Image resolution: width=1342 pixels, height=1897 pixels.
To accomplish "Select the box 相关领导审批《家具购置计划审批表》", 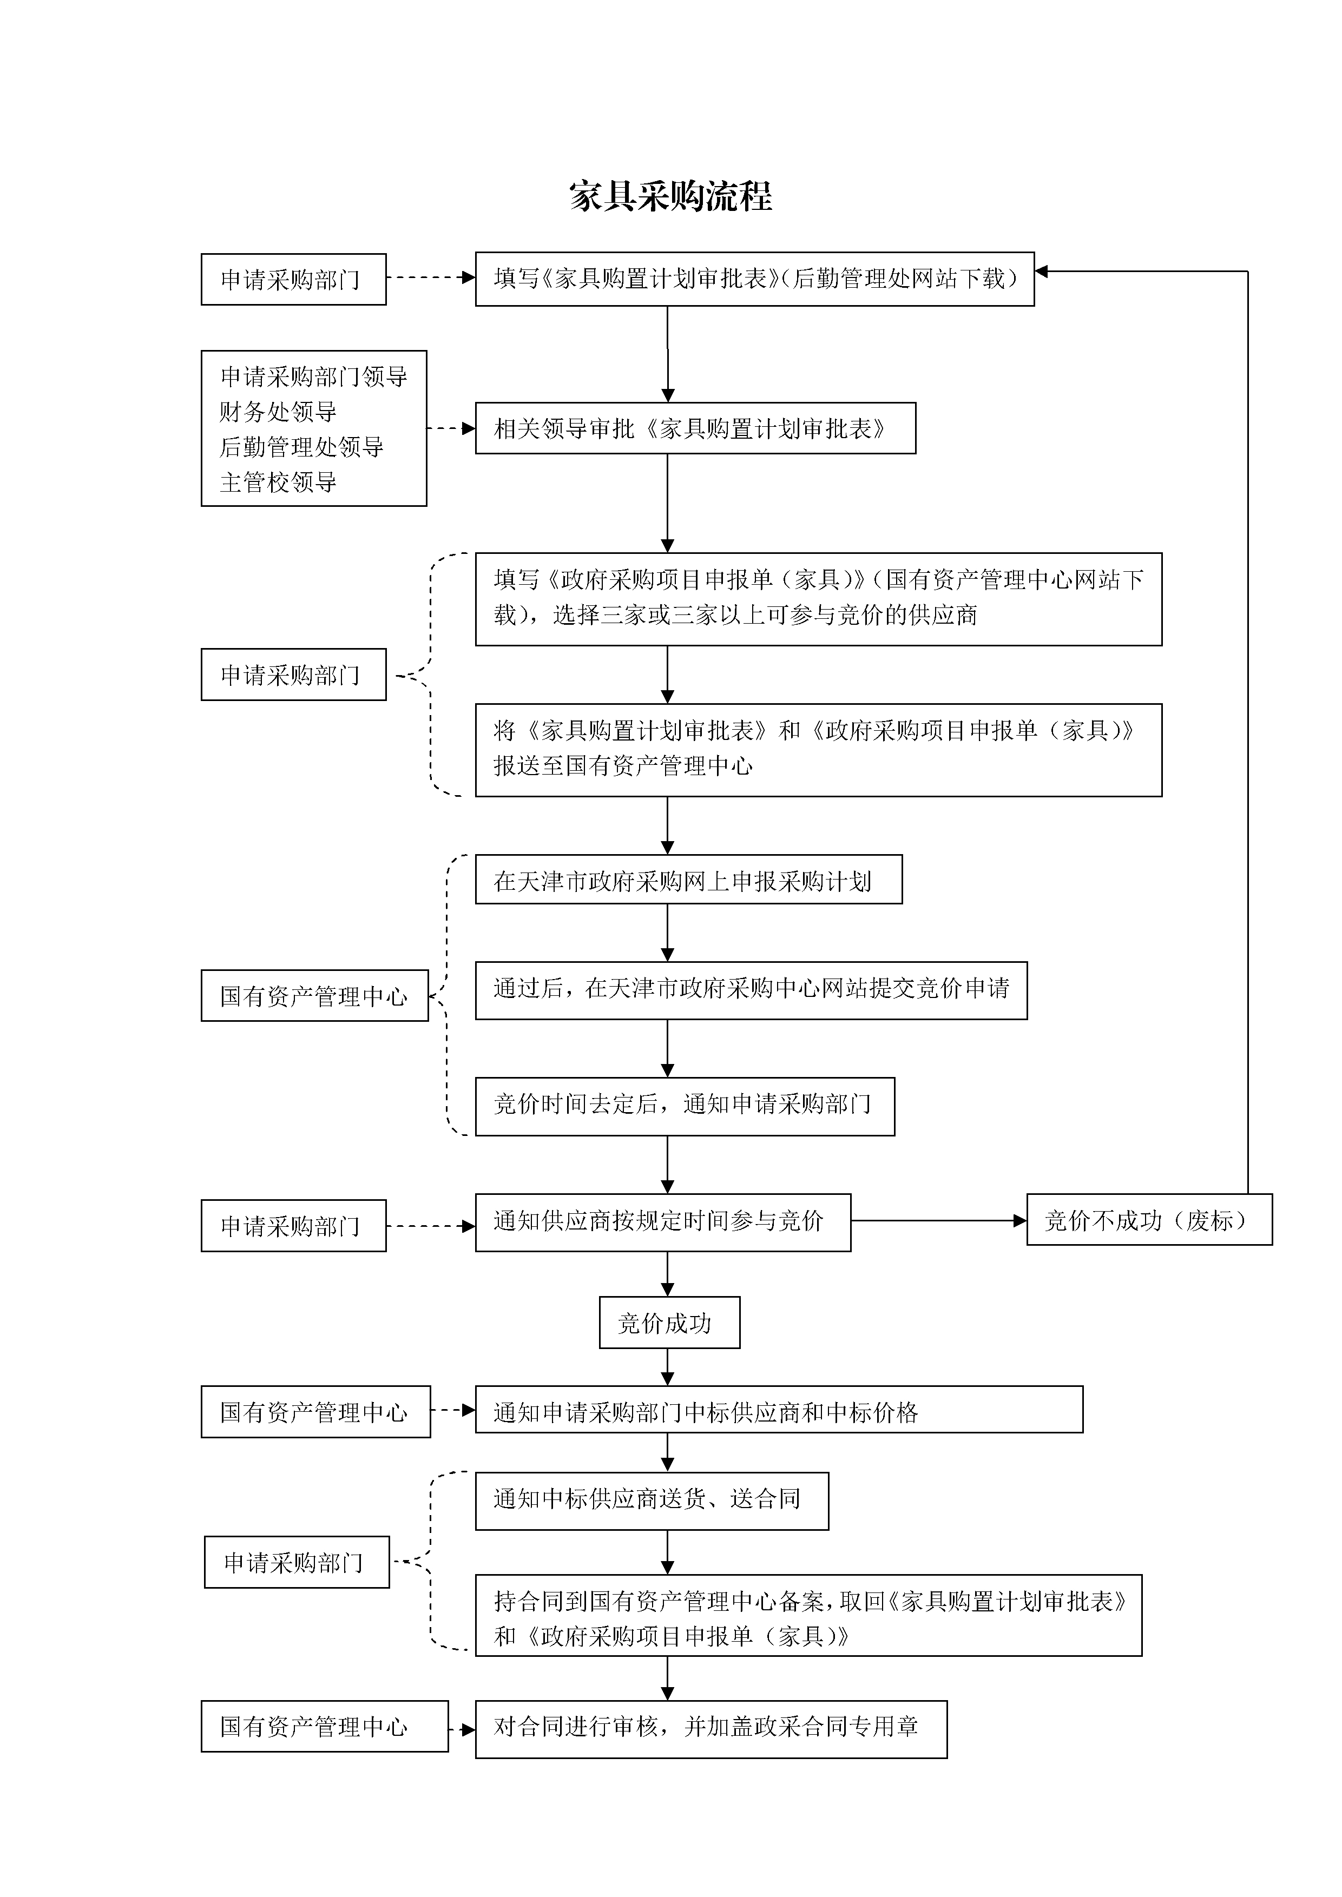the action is (695, 428).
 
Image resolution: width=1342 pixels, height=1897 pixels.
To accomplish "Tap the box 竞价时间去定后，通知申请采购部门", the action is (685, 1106).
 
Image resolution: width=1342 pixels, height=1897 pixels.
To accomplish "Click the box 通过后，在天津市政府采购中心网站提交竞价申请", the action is (751, 990).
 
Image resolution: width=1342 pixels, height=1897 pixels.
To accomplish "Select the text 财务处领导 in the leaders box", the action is (279, 412).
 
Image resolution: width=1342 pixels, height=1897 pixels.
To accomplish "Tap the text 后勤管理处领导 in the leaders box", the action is (301, 447).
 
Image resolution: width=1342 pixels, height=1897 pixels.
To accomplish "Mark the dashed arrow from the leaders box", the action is (451, 428).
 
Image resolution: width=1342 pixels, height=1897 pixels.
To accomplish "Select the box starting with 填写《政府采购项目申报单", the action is (818, 599).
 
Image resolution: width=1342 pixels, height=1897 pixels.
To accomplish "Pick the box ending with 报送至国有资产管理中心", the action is (818, 750).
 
